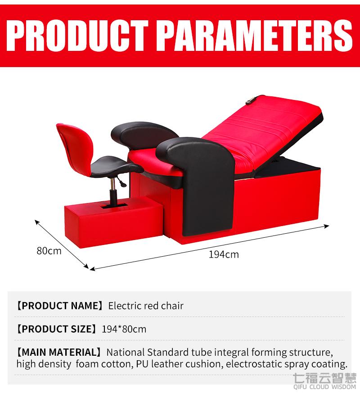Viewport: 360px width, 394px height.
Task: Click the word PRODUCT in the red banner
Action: click(77, 36)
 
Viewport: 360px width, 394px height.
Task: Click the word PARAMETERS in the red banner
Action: click(255, 36)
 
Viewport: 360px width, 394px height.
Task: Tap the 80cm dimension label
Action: click(49, 251)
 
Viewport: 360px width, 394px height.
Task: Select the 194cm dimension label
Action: click(224, 254)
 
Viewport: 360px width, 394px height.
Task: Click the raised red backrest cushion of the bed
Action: click(261, 131)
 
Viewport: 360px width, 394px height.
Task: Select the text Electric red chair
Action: click(146, 306)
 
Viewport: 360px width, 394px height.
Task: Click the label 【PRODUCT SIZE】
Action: click(56, 329)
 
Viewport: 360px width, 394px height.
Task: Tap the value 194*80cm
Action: click(124, 329)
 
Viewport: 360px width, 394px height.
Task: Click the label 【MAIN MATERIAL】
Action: click(58, 352)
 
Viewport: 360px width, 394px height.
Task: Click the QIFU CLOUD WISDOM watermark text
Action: click(324, 387)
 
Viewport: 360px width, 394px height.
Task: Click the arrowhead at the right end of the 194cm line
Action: click(327, 226)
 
